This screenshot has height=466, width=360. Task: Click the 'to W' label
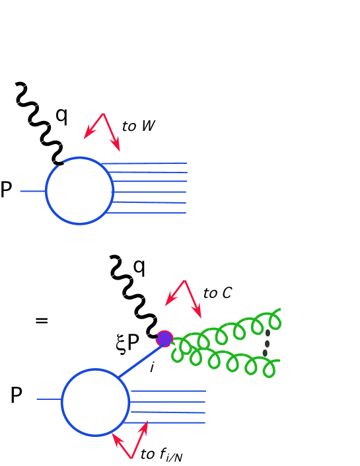(139, 126)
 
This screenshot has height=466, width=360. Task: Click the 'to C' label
(217, 292)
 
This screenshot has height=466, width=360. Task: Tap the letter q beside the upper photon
(61, 115)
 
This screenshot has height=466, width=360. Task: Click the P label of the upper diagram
(6, 191)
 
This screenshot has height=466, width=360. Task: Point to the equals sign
(42, 321)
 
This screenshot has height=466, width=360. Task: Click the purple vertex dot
(164, 339)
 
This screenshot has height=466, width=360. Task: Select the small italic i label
(151, 367)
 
